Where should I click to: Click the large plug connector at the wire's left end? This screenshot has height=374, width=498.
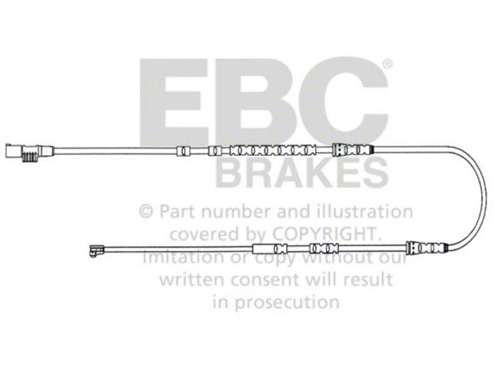tap(30, 152)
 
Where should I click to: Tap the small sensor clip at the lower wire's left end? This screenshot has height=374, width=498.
tap(96, 250)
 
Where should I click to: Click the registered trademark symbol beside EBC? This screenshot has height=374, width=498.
tap(388, 65)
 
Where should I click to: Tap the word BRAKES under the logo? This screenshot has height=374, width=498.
tap(302, 173)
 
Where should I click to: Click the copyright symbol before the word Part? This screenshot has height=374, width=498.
tap(146, 211)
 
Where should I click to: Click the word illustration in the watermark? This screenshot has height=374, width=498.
tap(366, 211)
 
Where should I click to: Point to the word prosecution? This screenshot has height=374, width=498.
tap(287, 302)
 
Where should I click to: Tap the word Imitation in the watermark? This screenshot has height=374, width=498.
tap(184, 257)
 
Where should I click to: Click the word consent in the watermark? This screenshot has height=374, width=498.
tap(265, 280)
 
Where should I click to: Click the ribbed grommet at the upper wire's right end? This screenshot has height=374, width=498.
tap(352, 150)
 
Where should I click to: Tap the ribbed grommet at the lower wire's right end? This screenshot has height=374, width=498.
tap(427, 247)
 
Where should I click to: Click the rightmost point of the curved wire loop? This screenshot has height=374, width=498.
tap(486, 197)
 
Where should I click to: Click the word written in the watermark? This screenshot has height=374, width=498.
tap(192, 279)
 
